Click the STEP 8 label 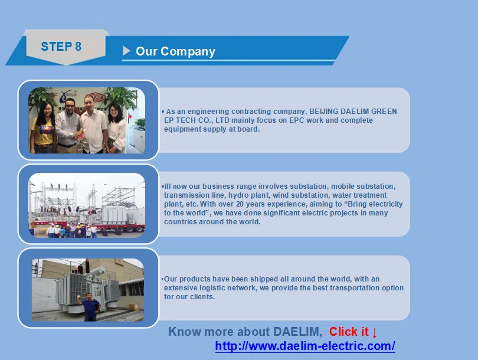point(61,47)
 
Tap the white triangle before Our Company point(126,51)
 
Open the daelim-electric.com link point(305,346)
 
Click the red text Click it point(349,332)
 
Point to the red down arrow point(375,333)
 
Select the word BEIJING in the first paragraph point(324,112)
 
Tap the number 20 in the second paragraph point(240,204)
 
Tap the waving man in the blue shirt point(90,306)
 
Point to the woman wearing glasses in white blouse point(116,129)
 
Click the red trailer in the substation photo point(89,226)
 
